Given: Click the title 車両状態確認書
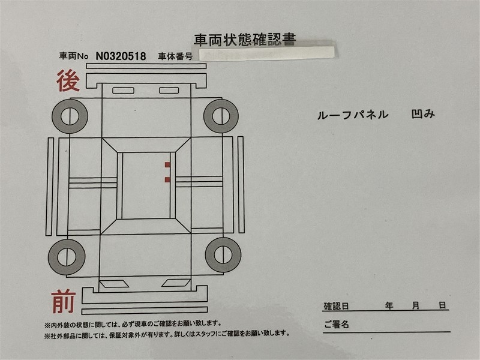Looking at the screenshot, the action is coord(245,40).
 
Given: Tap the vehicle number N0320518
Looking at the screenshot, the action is coord(121,56).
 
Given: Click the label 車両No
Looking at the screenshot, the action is coord(73,56).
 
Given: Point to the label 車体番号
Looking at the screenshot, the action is coord(175,56).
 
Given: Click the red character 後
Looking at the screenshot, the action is coord(68,81).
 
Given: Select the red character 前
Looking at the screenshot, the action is coord(64,302).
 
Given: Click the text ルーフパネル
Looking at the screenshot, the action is coord(353,115).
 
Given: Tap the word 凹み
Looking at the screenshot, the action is coord(423,114).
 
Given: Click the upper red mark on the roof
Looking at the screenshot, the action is coord(167,165).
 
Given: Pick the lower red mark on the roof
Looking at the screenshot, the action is coord(167,179).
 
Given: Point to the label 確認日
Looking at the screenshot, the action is coord(336,306).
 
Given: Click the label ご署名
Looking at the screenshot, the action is coord(337,325).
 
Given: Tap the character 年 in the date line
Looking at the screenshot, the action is coord(389,305).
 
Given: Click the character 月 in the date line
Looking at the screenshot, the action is coord(416,305).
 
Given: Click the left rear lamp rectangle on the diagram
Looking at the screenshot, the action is coord(124,91).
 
